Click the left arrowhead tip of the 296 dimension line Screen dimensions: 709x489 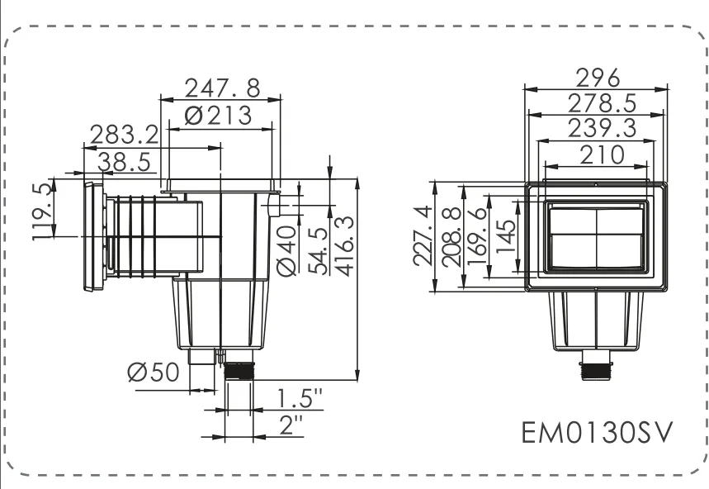click(x=524, y=89)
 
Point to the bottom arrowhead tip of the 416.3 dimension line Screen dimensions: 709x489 click(x=357, y=380)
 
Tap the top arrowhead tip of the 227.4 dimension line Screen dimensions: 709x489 click(x=434, y=181)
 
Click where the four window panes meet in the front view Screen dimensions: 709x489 click(x=597, y=234)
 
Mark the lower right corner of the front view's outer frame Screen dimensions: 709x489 click(x=668, y=290)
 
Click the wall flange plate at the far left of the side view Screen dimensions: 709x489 click(x=94, y=236)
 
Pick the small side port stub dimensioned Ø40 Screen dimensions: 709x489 click(x=275, y=206)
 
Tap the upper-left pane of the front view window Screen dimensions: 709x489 click(x=574, y=221)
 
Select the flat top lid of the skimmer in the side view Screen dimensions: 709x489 click(x=220, y=184)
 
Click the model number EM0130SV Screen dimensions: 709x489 click(x=598, y=433)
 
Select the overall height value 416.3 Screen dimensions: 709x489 click(x=346, y=246)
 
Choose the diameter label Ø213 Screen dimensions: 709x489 click(x=218, y=116)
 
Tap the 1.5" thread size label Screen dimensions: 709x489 click(x=300, y=398)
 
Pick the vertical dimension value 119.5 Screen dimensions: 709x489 click(x=41, y=211)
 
